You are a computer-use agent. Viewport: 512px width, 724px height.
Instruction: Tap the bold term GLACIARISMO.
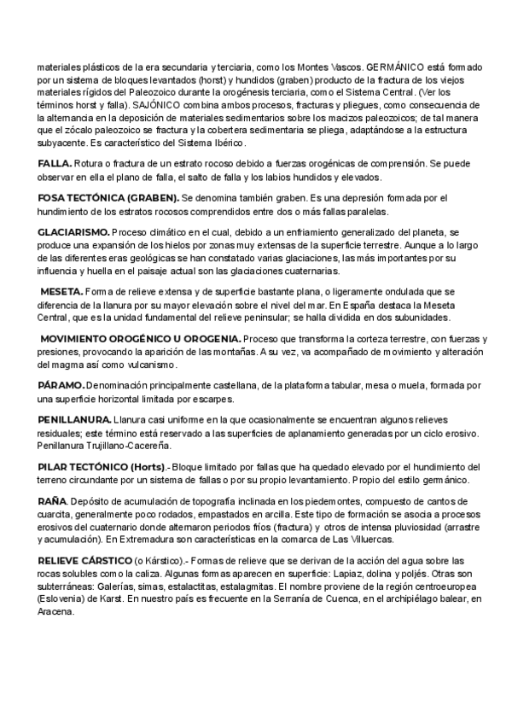[73, 232]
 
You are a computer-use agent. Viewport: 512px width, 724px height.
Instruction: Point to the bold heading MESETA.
[61, 292]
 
